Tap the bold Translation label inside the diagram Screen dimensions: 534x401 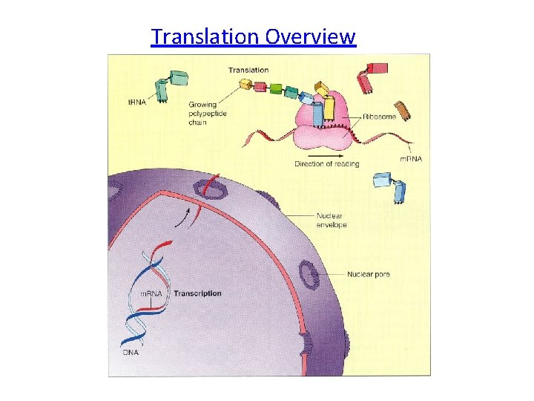pos(248,70)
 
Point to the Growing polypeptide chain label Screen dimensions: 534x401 pos(208,114)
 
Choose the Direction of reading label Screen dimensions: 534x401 pos(326,163)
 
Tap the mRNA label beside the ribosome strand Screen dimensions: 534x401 pos(411,159)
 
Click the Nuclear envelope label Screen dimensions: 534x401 pos(332,220)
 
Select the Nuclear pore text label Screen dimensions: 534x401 pos(368,275)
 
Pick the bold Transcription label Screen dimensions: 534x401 pos(197,293)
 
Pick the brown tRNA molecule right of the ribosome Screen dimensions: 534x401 pos(403,109)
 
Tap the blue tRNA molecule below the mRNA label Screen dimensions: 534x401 pos(391,186)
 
